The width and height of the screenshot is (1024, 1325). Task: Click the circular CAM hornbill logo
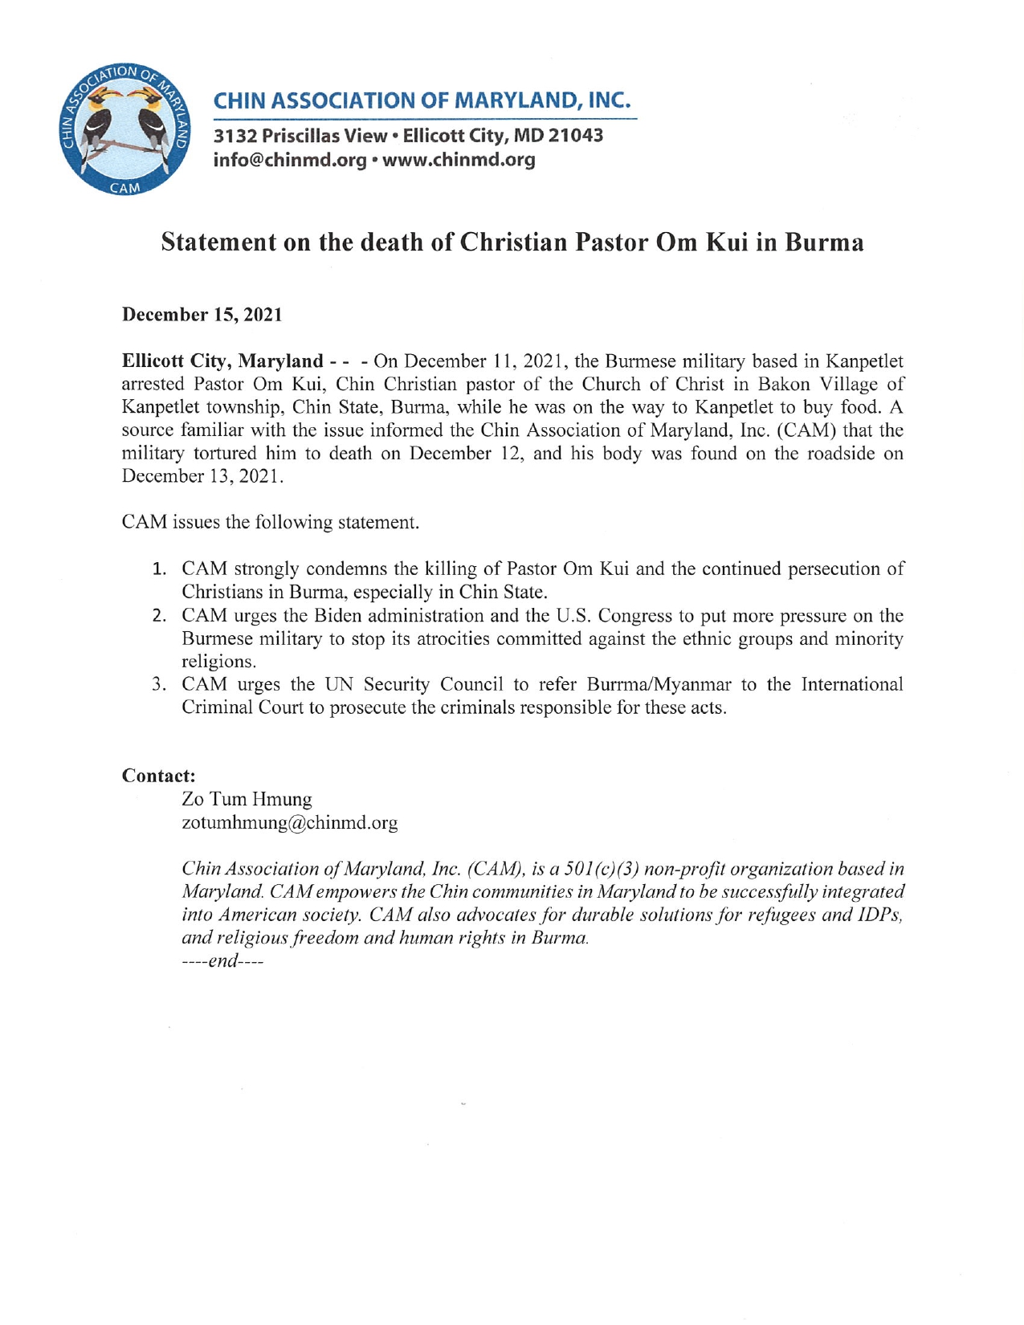pos(125,129)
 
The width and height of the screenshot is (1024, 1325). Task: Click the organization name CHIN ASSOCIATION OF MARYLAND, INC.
pos(422,101)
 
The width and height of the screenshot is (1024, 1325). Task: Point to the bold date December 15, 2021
pos(202,315)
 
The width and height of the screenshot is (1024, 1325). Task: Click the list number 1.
pos(159,570)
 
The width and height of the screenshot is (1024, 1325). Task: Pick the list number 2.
pos(159,617)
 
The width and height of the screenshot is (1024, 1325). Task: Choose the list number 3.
pos(159,685)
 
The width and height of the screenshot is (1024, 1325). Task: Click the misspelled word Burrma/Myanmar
pos(659,685)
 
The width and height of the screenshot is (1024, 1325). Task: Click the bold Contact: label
pos(158,776)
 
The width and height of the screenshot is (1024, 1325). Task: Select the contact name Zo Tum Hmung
pos(247,799)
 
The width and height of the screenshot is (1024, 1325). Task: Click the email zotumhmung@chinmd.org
pos(289,823)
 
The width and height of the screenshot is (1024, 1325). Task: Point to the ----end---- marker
pos(222,961)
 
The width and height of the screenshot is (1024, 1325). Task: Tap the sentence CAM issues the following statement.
pos(270,523)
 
